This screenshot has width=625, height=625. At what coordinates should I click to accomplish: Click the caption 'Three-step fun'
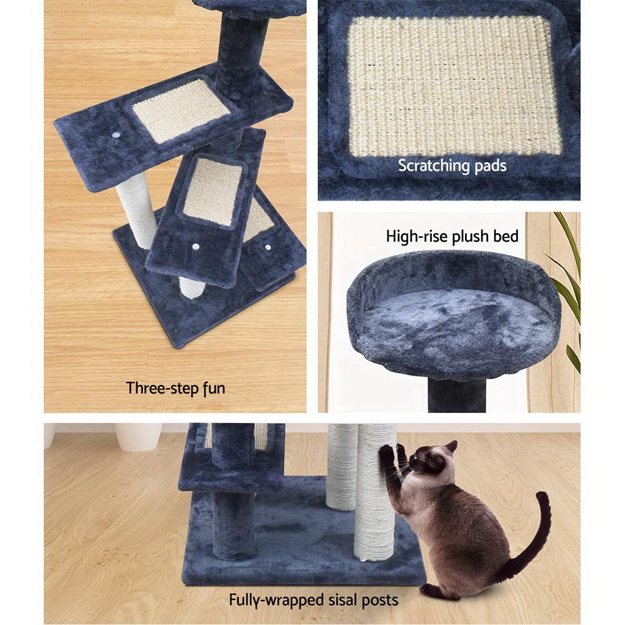point(175,388)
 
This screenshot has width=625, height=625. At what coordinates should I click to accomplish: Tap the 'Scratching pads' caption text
point(452,166)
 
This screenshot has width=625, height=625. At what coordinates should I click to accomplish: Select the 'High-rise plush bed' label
point(452,236)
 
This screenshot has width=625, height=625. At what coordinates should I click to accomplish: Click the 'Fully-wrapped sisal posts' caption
point(313,601)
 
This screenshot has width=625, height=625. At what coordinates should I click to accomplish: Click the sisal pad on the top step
point(181,110)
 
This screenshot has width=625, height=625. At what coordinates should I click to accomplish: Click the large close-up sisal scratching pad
point(454,86)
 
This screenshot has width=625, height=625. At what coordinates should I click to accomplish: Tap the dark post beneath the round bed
point(457,395)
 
